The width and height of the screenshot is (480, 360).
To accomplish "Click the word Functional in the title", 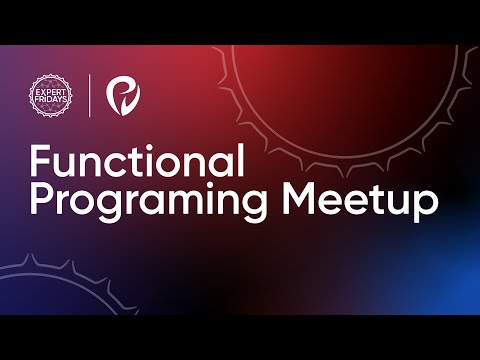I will [137, 162].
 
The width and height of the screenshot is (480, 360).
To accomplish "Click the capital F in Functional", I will [40, 162].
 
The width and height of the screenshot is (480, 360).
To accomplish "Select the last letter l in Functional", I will [240, 160].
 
